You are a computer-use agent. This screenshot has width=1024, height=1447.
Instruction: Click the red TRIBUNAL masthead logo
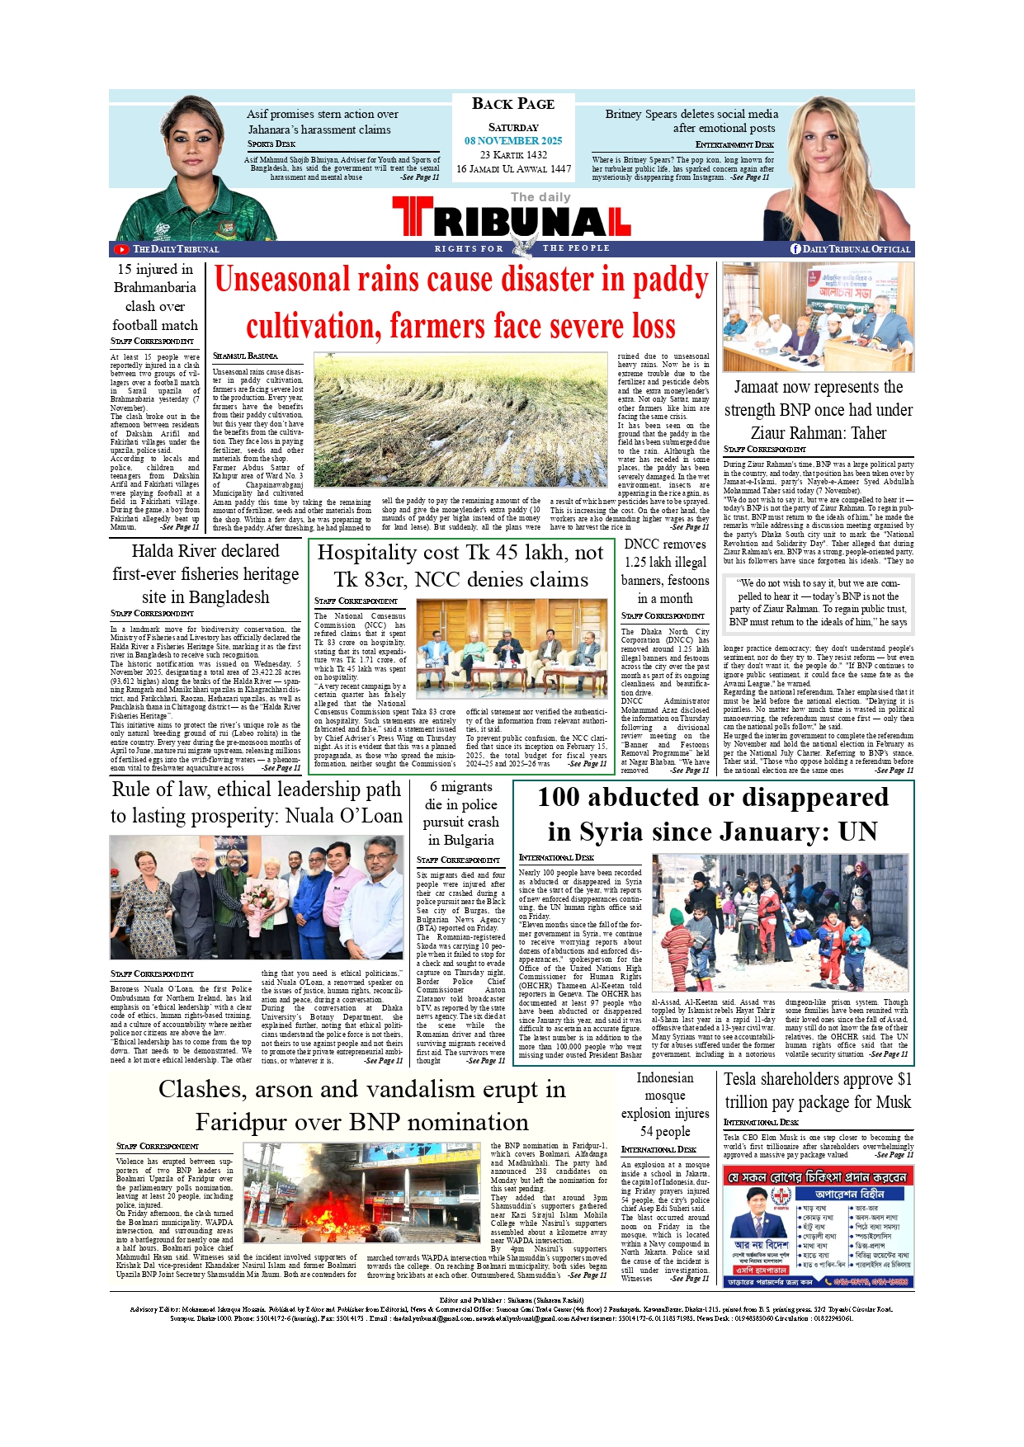click(x=512, y=220)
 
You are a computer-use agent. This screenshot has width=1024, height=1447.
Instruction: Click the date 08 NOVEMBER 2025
click(x=512, y=141)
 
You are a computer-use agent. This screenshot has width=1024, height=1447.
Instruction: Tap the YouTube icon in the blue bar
click(x=121, y=249)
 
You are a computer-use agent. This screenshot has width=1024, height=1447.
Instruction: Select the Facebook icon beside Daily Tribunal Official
click(x=795, y=249)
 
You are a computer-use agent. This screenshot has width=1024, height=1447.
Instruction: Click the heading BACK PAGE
click(x=512, y=104)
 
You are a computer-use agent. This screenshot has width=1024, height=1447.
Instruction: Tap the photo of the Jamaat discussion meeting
click(x=818, y=317)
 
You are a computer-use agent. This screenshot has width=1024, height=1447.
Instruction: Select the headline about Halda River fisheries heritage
click(x=205, y=574)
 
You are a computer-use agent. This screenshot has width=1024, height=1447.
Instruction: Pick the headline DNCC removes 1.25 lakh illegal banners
click(x=665, y=571)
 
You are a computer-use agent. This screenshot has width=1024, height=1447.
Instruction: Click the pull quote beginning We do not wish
click(x=818, y=602)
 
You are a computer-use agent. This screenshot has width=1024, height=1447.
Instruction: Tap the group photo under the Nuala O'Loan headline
click(x=257, y=897)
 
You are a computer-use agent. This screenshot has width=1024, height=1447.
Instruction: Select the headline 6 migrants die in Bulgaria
click(x=460, y=813)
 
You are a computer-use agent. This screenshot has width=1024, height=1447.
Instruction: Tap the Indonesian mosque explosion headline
click(x=665, y=1104)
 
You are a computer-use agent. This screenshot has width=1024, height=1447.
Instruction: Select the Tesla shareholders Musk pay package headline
click(x=818, y=1091)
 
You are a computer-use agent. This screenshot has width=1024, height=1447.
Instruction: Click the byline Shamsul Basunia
click(x=245, y=356)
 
